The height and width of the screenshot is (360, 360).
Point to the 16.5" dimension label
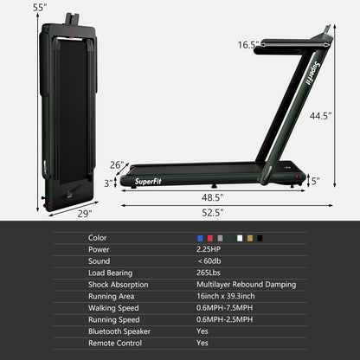249,44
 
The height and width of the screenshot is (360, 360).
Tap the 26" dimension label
118,165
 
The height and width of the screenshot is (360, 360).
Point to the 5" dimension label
315,182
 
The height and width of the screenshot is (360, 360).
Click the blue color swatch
201,238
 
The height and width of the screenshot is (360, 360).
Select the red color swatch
210,238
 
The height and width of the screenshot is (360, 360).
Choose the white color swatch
241,238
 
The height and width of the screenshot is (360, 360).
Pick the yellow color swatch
251,238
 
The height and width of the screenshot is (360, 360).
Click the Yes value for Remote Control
202,343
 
